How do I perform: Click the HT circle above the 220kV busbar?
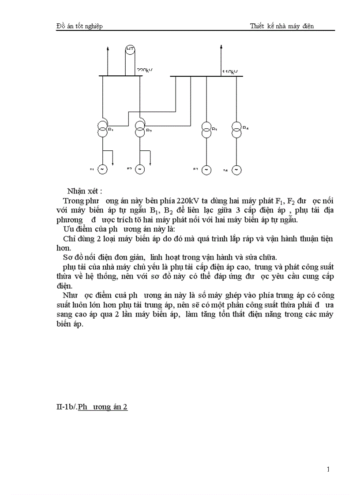[x=130, y=49]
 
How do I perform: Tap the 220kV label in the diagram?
[x=145, y=71]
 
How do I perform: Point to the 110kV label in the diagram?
[x=230, y=71]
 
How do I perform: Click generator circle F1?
[x=102, y=169]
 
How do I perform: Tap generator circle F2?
[x=140, y=169]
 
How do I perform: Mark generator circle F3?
[x=206, y=169]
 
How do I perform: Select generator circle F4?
[x=236, y=169]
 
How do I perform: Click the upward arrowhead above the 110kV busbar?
[x=219, y=46]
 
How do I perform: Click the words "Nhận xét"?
[x=84, y=191]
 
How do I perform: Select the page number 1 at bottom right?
[x=328, y=469]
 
